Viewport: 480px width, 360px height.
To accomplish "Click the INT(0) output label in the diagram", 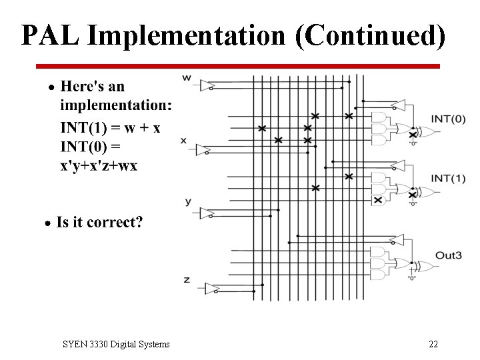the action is coord(448,119).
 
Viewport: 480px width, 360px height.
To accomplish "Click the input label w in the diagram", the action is coord(187,78).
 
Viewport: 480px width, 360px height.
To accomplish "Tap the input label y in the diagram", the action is coord(187,201).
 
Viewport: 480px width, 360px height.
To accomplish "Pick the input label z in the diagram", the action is coord(187,279).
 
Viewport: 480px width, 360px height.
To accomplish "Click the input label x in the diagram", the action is coord(183,140).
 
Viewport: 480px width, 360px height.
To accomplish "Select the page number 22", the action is coord(433,344).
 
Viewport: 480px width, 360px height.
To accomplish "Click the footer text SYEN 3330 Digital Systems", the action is coord(116,344).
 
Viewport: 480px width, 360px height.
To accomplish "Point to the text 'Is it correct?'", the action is coord(99,222).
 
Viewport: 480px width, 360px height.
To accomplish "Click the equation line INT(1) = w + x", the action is coord(110,127).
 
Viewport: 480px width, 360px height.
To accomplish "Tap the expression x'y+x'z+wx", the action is coord(99,165).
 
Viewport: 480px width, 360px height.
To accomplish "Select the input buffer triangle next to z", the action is coord(212,288).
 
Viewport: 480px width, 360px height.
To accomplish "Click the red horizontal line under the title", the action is coord(238,66).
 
